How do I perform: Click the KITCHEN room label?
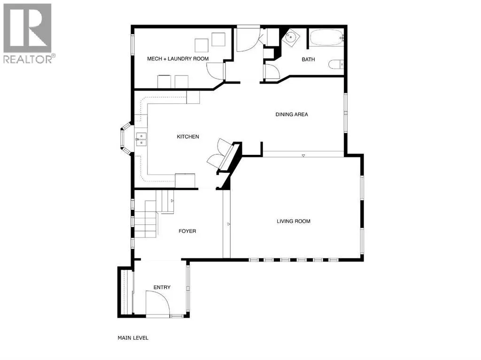click(x=188, y=137)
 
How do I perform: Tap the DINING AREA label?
click(x=291, y=115)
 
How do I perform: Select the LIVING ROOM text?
click(x=293, y=221)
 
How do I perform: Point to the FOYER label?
click(x=187, y=231)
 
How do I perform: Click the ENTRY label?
click(x=162, y=287)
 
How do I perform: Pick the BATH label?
click(x=308, y=60)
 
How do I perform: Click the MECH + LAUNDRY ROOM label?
click(x=178, y=59)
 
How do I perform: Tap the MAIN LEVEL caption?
click(x=133, y=338)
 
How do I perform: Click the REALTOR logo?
click(x=28, y=33)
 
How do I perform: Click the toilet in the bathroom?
click(x=335, y=64)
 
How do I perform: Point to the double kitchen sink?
click(x=141, y=139)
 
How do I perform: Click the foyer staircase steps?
click(x=146, y=219)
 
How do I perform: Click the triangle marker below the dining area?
click(x=303, y=156)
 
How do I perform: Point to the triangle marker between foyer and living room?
click(x=229, y=224)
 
